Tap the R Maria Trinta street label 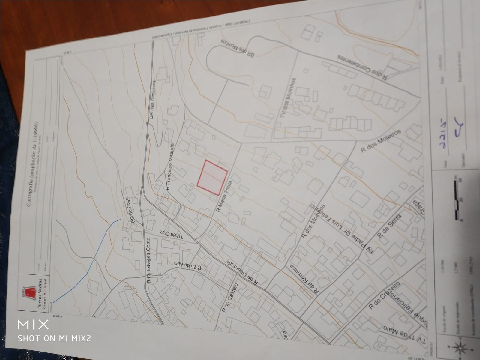pos(224,196)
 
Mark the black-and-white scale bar pos(457,199)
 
